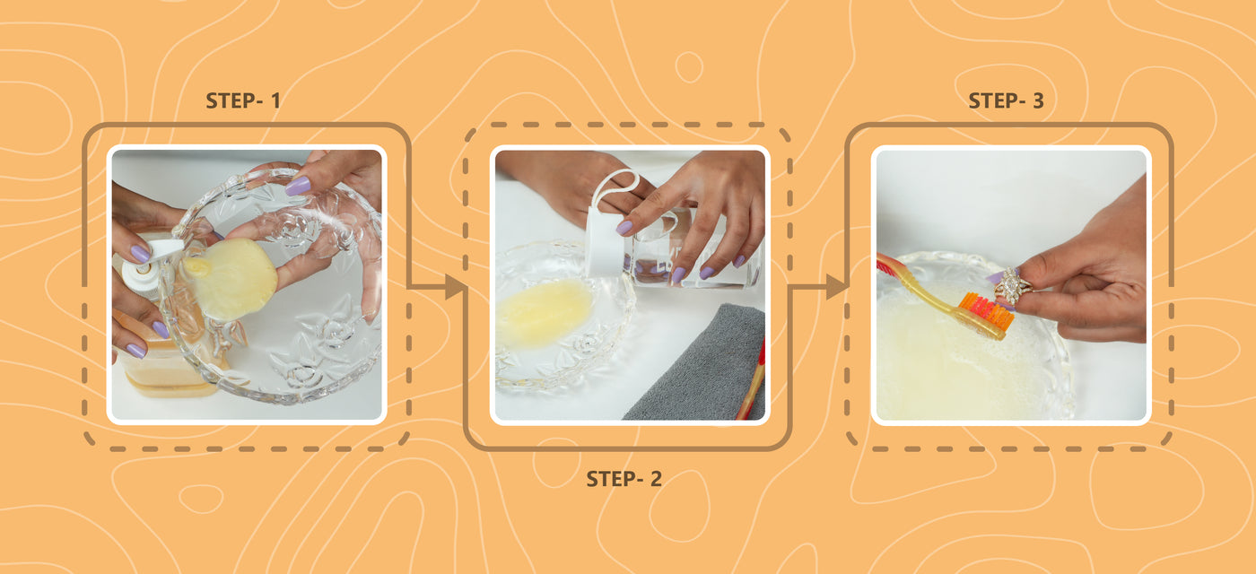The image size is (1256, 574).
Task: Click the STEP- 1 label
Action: pos(243,100)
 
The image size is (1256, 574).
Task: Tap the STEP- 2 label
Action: pos(624,479)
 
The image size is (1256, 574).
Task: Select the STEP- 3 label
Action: pos(1006,100)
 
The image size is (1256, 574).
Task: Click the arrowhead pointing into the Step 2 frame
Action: pos(455,287)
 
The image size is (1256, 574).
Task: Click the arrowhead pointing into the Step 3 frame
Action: pos(836,287)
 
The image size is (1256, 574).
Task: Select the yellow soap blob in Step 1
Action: pos(230,277)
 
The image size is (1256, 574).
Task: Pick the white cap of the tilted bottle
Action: pos(606,240)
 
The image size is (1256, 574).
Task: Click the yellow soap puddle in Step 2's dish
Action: pos(544,313)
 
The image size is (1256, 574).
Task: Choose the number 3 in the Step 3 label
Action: pos(1039,100)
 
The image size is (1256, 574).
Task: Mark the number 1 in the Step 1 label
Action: pos(275,100)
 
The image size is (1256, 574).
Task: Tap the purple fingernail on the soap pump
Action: pos(140,254)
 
